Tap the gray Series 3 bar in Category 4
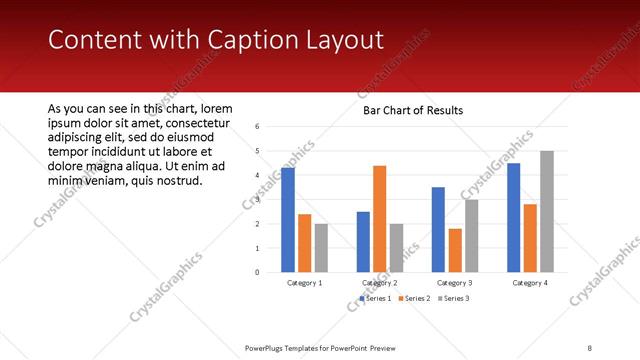point(547,211)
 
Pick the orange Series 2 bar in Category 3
point(455,250)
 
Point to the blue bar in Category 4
point(513,217)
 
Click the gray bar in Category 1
point(321,247)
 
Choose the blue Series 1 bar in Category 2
point(363,241)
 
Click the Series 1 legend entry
point(377,298)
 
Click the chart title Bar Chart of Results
point(413,110)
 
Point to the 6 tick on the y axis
point(257,127)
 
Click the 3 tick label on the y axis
point(257,199)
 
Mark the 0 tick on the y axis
point(257,272)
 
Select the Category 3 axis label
point(455,283)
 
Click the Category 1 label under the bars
point(304,283)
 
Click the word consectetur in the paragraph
point(189,123)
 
